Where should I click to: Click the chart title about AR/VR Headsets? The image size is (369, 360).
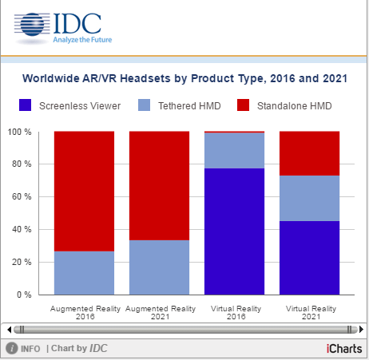click(184, 79)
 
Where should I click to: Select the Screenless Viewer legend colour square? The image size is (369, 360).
click(26, 105)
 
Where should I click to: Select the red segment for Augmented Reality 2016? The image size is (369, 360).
click(84, 192)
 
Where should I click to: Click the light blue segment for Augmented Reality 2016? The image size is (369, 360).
click(84, 273)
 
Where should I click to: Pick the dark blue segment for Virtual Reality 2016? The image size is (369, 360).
click(234, 231)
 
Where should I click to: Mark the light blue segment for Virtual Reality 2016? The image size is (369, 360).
click(234, 150)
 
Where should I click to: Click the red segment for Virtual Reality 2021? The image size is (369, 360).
click(309, 153)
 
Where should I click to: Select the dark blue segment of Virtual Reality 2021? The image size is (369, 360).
click(309, 258)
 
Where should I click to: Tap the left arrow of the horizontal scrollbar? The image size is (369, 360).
click(9, 329)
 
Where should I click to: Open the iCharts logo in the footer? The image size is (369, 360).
click(344, 348)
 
